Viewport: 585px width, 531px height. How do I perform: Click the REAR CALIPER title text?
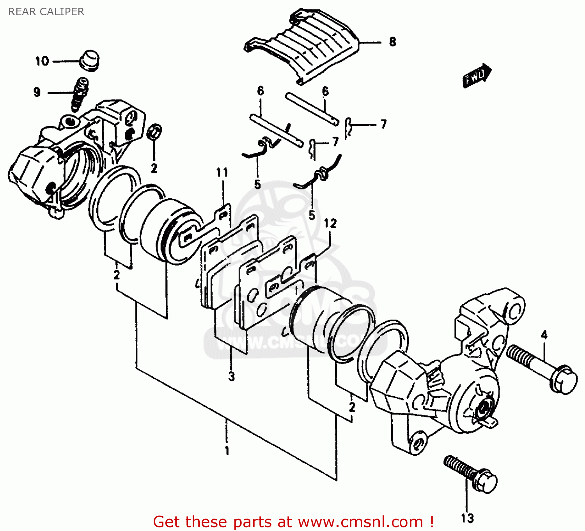click(x=46, y=12)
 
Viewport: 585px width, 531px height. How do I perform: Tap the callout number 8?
click(x=392, y=42)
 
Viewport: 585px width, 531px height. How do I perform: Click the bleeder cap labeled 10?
click(x=90, y=60)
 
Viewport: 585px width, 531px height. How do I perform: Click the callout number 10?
click(x=42, y=61)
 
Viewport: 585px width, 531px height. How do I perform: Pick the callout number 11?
click(x=222, y=172)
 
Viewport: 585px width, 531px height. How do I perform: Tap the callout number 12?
click(x=330, y=223)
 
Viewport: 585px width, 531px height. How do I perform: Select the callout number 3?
click(x=231, y=377)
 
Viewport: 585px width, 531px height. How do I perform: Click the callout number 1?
click(x=227, y=451)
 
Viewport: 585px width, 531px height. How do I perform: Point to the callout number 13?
click(x=467, y=518)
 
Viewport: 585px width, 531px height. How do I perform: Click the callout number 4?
click(x=544, y=335)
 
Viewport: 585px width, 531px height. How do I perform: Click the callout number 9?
click(x=37, y=93)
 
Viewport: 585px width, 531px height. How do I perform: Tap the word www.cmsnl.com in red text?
click(x=360, y=522)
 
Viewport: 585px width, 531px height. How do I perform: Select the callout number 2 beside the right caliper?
click(x=352, y=407)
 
